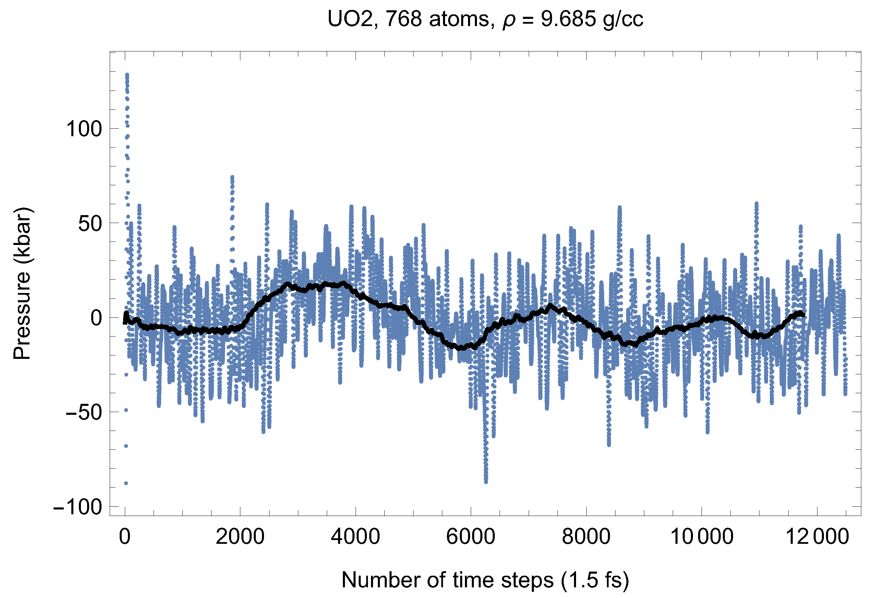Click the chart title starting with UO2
[x=485, y=19]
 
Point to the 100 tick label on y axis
[x=84, y=129]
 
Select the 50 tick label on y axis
[x=90, y=224]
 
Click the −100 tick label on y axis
[x=77, y=507]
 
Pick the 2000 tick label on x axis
[x=240, y=536]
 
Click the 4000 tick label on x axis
[x=355, y=536]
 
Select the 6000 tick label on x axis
[x=470, y=536]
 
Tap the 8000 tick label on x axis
[x=586, y=536]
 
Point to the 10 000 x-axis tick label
[x=702, y=536]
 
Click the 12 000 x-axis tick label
[x=817, y=536]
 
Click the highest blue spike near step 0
[x=127, y=75]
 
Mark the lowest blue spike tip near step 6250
[x=486, y=482]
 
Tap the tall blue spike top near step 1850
[x=232, y=176]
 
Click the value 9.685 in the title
[x=568, y=19]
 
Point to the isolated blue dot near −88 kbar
[x=126, y=483]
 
